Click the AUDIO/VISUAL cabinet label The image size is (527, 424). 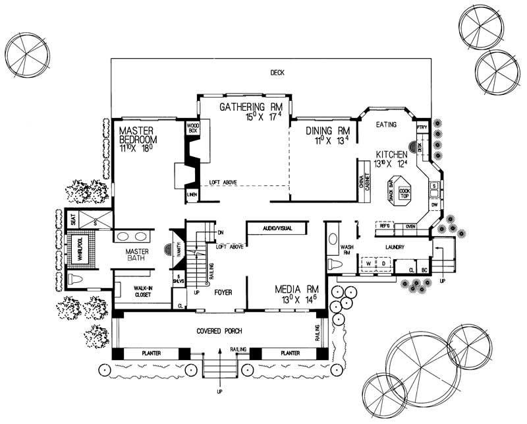pyautogui.click(x=277, y=227)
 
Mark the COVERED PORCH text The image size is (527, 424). pyautogui.click(x=217, y=330)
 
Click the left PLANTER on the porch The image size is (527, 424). pyautogui.click(x=152, y=353)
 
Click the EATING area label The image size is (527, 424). pyautogui.click(x=386, y=125)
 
